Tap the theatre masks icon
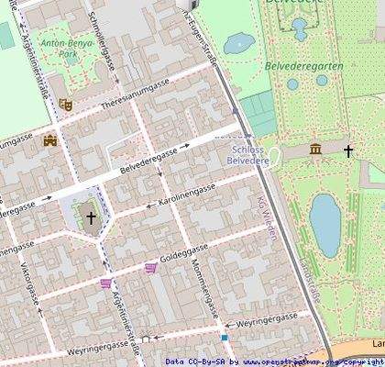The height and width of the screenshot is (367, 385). point(64,105)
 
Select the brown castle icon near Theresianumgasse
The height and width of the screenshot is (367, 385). point(49,140)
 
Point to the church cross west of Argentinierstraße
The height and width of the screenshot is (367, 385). point(91,217)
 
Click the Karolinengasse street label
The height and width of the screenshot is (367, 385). point(186,195)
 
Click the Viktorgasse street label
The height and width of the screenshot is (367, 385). point(27,283)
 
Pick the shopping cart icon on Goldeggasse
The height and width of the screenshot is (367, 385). point(150,268)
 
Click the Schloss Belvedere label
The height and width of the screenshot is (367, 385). point(248,154)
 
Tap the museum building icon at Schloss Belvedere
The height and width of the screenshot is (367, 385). point(315,149)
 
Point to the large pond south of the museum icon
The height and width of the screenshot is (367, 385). point(324,225)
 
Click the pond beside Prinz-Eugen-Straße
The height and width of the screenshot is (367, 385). point(239,42)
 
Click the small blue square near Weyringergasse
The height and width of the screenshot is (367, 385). point(224,337)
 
